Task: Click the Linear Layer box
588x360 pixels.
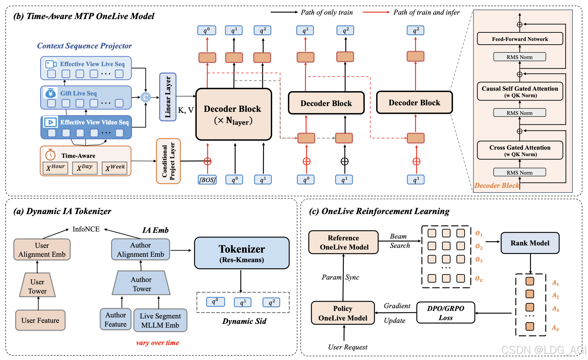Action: [x=168, y=97]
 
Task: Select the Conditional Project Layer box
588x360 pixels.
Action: [x=168, y=161]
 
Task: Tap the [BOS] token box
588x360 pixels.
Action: [x=207, y=180]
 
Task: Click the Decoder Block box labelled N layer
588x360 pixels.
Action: [x=234, y=114]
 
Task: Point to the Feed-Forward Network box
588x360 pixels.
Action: [x=520, y=39]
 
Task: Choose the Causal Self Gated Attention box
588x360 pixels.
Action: [x=520, y=91]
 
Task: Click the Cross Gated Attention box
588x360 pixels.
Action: [x=520, y=150]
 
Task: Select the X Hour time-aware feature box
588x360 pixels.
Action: [x=55, y=167]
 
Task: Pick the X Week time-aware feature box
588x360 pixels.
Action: [x=115, y=167]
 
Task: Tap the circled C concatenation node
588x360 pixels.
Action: [x=146, y=97]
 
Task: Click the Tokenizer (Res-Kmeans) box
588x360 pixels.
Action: [x=241, y=253]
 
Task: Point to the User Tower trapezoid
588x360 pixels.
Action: [x=38, y=286]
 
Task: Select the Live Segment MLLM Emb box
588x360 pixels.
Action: [x=160, y=320]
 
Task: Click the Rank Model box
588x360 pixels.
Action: [x=530, y=243]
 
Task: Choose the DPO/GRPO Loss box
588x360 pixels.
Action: [x=445, y=313]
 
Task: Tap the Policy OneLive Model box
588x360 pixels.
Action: [x=343, y=313]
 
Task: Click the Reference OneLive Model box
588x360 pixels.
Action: [x=343, y=242]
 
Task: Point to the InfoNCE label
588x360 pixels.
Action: [x=86, y=229]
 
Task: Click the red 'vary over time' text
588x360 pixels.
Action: [x=158, y=343]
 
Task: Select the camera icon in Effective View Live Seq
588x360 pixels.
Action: [x=51, y=64]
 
